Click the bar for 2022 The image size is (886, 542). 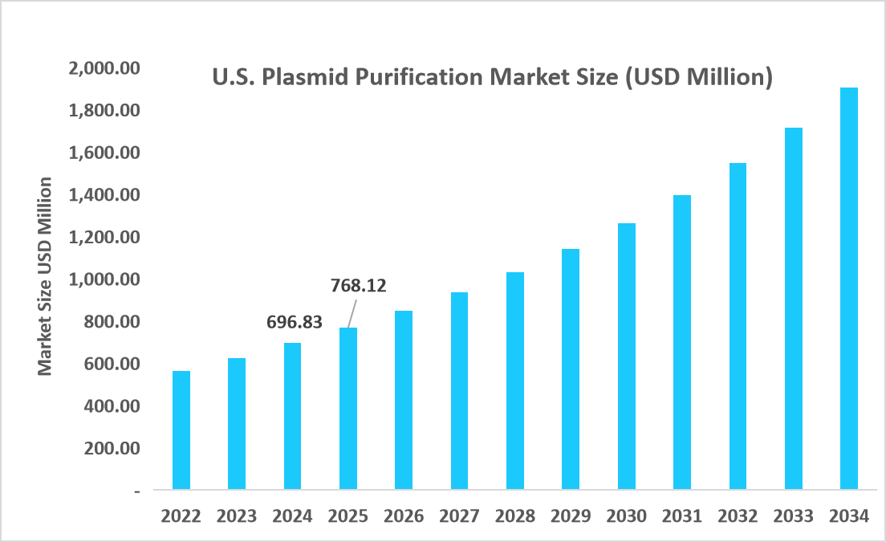point(181,430)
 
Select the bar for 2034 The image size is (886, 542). point(849,289)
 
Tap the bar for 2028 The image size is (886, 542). point(514,381)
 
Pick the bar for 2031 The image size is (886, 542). point(682,342)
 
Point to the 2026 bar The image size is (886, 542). point(403,400)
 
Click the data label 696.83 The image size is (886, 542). point(294,322)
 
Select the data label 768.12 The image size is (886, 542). point(358,285)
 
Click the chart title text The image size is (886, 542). point(491,78)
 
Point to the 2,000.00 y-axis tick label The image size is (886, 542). point(105,68)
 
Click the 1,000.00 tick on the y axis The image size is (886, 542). point(105,279)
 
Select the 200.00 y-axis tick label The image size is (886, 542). point(112,448)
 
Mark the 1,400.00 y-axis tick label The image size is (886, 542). point(105,195)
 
